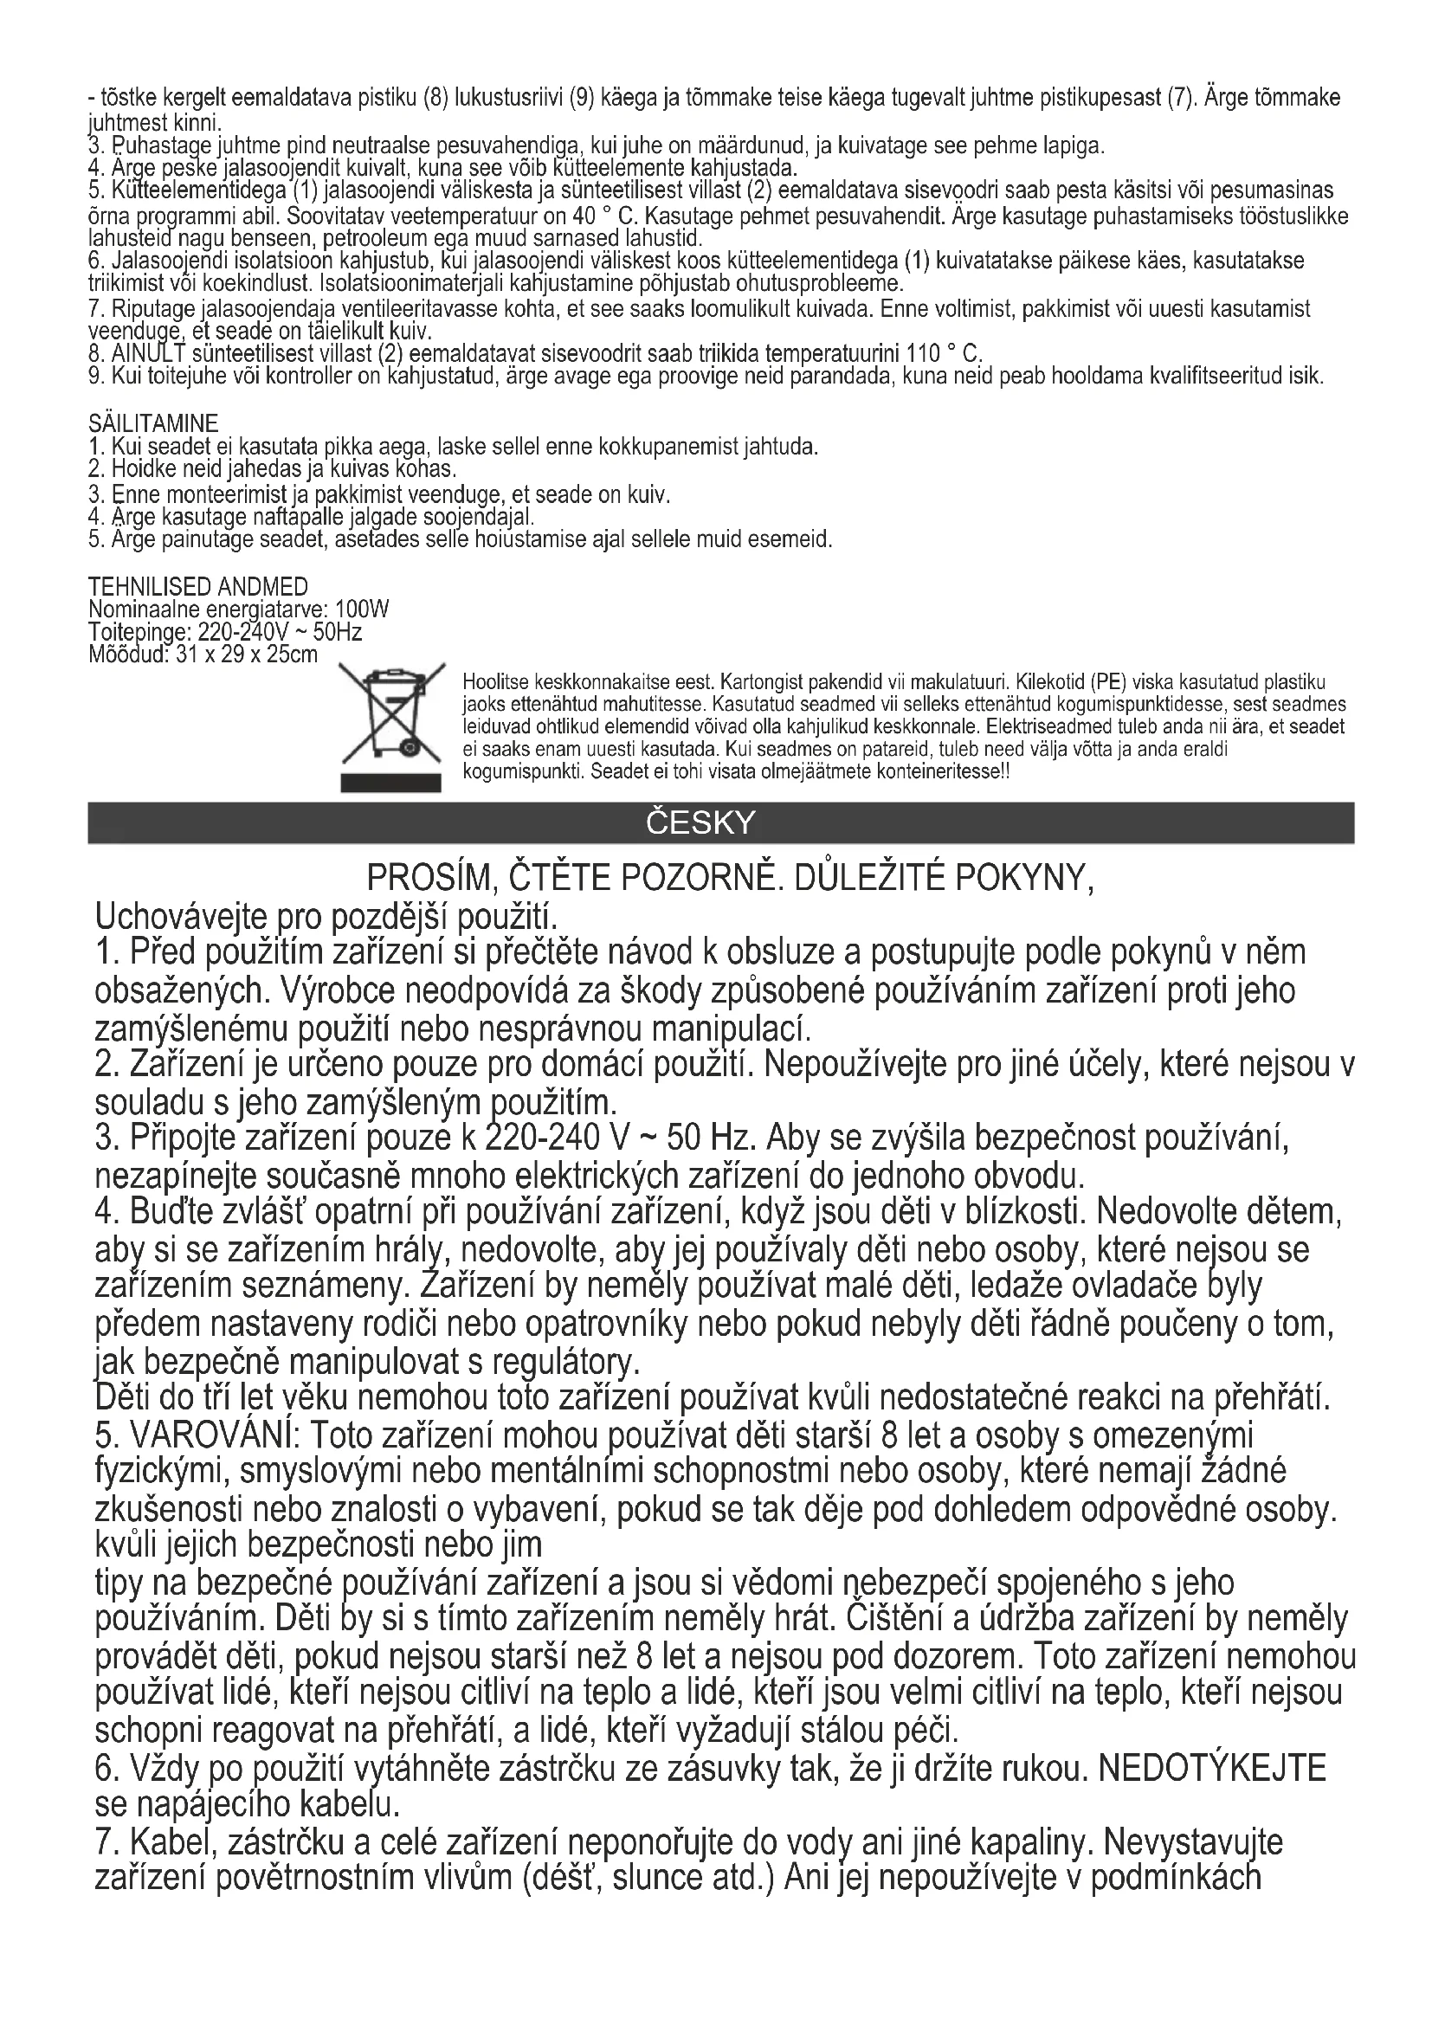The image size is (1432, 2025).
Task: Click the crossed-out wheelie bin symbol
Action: point(391,726)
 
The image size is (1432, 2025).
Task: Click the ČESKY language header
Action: point(701,822)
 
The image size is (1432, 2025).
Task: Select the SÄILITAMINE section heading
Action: point(153,424)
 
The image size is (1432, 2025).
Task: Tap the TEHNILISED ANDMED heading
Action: point(198,587)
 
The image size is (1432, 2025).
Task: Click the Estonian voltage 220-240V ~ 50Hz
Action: point(280,632)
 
